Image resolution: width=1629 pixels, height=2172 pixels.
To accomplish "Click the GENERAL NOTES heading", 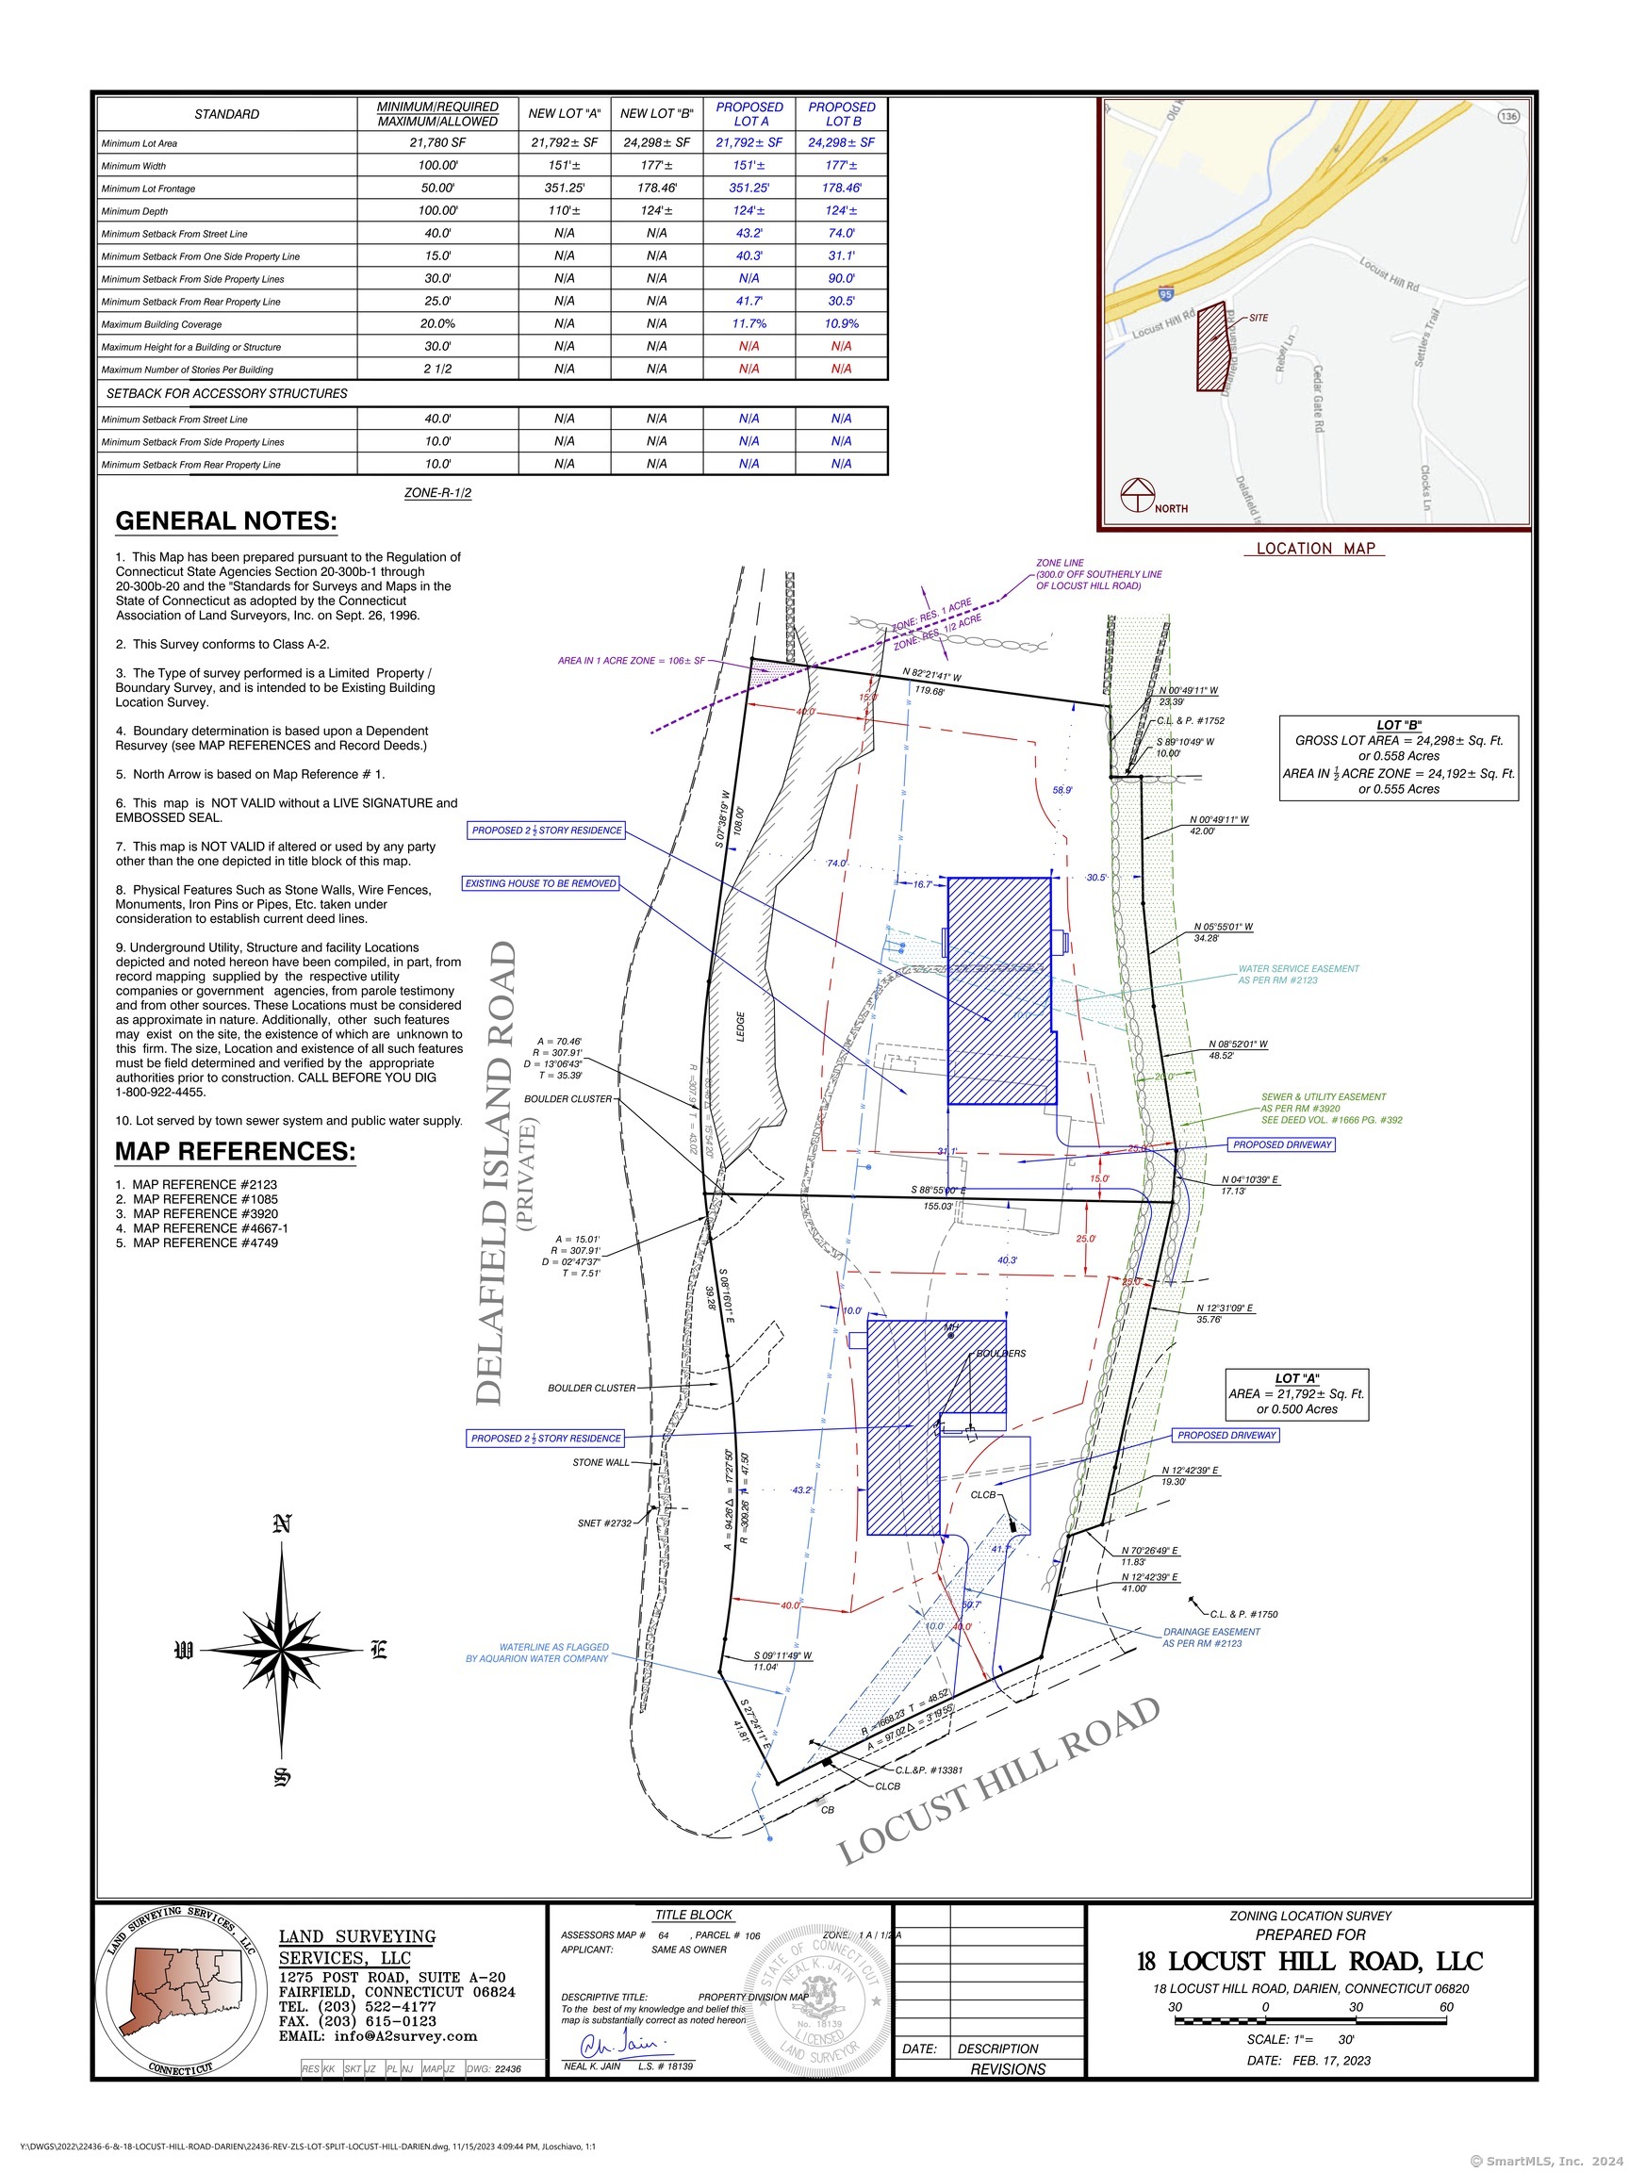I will click(226, 521).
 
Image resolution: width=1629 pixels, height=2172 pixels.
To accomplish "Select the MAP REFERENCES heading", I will click(235, 1151).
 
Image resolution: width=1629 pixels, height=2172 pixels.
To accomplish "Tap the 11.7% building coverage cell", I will click(749, 324).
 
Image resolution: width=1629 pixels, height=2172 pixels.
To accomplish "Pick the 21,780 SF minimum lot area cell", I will click(437, 143).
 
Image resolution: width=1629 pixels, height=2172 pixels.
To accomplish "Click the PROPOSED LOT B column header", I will click(842, 114).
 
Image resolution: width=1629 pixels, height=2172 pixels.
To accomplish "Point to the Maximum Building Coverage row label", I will click(162, 325).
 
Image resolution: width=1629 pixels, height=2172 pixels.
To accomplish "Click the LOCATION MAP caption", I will click(1316, 549).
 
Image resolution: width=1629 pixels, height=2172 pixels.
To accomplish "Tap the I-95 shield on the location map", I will click(1165, 292).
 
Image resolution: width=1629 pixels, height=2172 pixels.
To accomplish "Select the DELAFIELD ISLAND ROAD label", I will click(497, 1173).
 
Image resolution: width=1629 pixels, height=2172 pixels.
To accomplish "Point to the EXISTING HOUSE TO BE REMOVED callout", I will click(541, 883).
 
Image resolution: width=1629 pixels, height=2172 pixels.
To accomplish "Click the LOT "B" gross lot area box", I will click(1398, 757).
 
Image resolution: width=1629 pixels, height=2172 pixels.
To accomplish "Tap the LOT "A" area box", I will click(1296, 1394).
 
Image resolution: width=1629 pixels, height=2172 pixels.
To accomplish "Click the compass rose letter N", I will click(282, 1525).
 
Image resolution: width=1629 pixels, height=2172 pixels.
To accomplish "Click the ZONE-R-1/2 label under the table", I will click(437, 493).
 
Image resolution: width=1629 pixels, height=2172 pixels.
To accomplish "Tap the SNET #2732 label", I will click(604, 1523).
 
